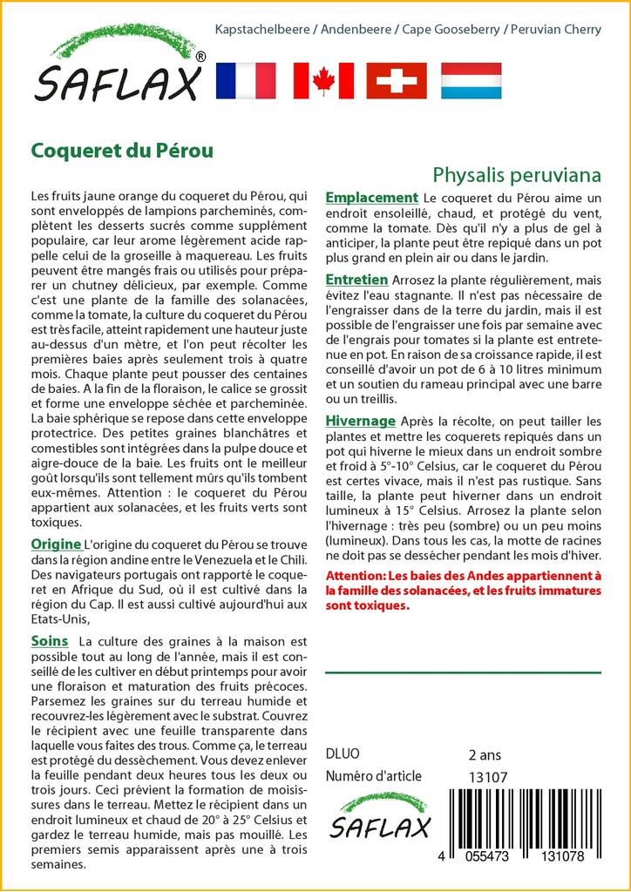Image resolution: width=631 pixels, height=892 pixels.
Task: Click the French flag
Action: [244, 80]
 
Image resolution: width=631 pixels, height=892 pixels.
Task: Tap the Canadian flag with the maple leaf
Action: [323, 80]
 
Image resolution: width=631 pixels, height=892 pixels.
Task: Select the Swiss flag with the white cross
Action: [396, 80]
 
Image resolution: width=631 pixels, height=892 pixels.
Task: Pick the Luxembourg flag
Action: [471, 80]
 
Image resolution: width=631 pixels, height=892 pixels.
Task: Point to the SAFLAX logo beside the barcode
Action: [379, 817]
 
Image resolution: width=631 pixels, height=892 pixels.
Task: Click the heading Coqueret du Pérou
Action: [122, 150]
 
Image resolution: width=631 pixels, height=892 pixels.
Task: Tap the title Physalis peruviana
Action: [517, 174]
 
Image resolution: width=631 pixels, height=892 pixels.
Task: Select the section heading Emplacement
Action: [371, 198]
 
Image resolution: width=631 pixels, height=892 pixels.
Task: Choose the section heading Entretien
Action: [356, 280]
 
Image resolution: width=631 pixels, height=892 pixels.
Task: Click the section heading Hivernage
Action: [360, 421]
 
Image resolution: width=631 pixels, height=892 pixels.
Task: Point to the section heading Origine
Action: [56, 544]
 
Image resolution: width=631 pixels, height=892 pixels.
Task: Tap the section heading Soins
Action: [49, 641]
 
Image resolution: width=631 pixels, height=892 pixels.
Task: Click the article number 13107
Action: [487, 777]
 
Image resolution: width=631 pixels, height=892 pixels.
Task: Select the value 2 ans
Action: [485, 754]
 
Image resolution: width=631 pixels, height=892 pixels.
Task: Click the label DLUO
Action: [342, 754]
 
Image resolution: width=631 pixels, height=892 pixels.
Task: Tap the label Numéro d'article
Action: [373, 776]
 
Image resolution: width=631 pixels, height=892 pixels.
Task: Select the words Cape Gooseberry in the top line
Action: [451, 30]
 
